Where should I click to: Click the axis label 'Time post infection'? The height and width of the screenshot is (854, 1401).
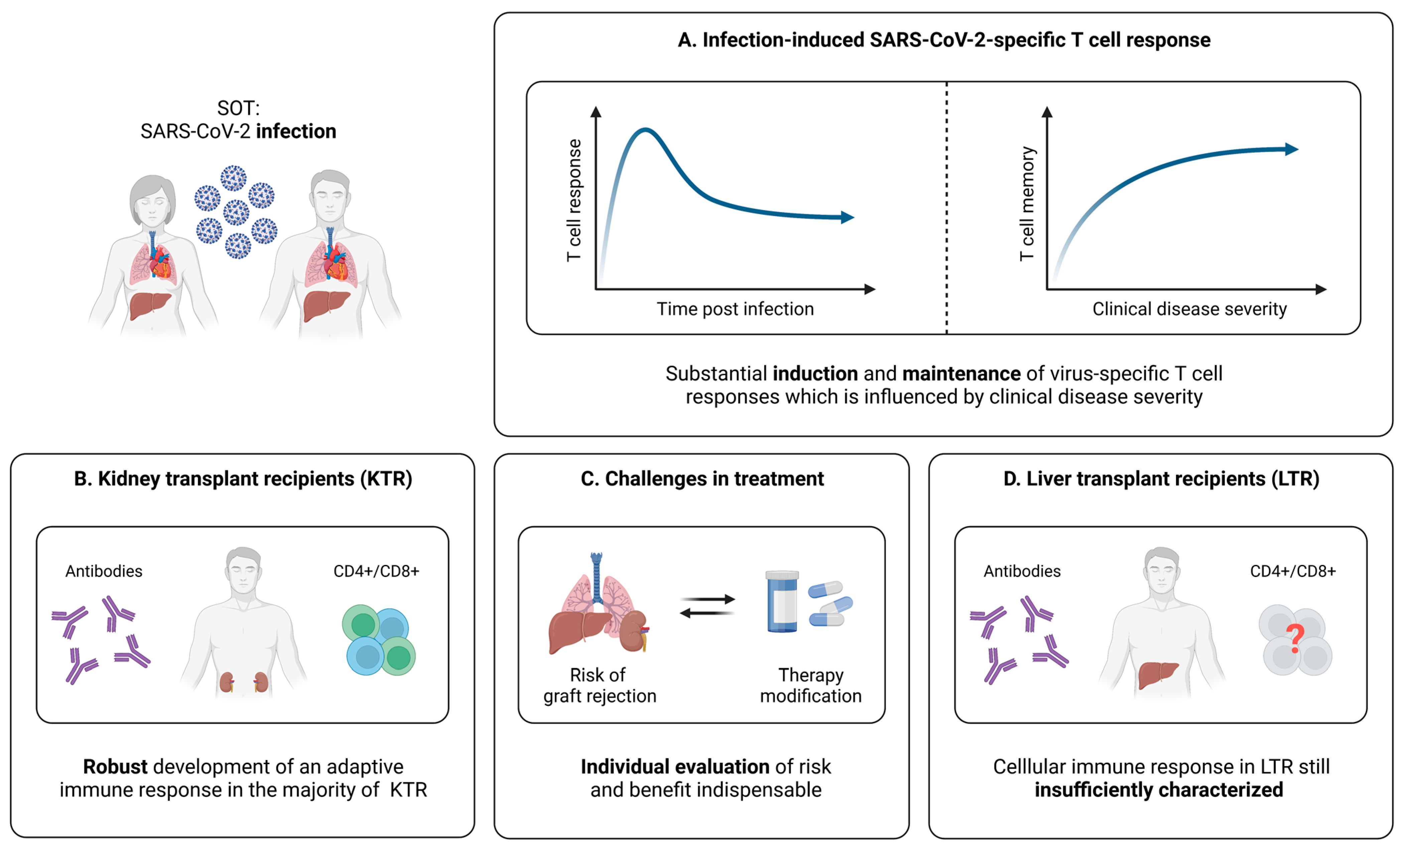[x=735, y=309]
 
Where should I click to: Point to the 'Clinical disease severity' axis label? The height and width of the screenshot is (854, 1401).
[x=1189, y=309]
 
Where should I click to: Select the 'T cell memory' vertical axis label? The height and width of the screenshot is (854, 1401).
[x=1027, y=204]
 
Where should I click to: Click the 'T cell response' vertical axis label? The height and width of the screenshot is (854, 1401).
[x=574, y=200]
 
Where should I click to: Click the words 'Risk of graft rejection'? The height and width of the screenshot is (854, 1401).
[x=599, y=686]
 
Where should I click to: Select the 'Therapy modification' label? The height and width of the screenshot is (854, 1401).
[x=811, y=686]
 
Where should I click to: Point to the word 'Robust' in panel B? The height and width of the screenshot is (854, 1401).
[x=115, y=766]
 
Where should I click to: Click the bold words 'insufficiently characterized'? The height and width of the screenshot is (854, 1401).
[x=1159, y=790]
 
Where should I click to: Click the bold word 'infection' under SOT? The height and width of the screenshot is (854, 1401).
[x=296, y=131]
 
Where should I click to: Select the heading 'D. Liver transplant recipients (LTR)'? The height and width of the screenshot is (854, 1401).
[x=1161, y=479]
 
